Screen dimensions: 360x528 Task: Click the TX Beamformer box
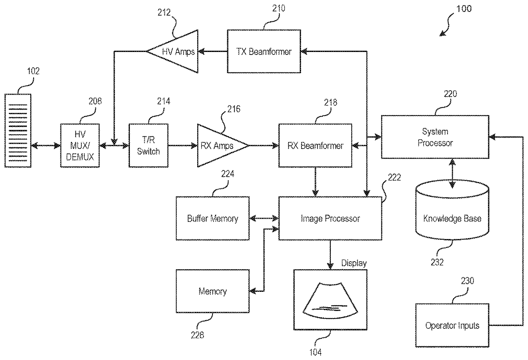coord(264,51)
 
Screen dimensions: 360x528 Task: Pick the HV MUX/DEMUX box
coord(80,145)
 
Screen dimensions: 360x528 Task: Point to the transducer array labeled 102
coord(18,131)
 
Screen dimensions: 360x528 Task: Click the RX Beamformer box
coord(315,145)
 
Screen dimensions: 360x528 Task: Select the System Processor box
coord(435,137)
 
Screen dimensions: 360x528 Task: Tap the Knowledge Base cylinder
coord(452,218)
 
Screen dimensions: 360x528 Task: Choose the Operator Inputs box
coord(452,325)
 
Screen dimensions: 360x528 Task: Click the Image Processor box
coord(330,219)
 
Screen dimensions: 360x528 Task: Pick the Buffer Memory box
coord(212,219)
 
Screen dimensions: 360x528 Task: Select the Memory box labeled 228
coord(212,291)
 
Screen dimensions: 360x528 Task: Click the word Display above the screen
coord(354,263)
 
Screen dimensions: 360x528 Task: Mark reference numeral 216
coord(233,109)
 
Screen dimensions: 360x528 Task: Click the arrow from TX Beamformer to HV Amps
coord(213,52)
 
